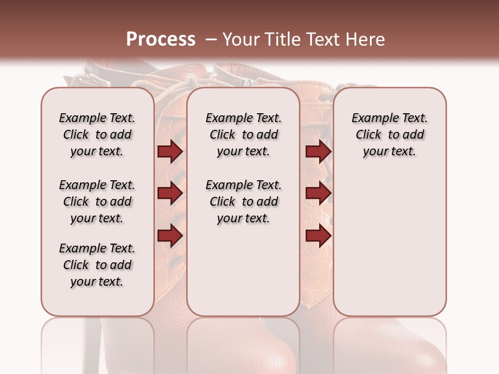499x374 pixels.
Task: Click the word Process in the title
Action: click(x=161, y=39)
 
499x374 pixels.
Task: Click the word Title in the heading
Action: click(x=279, y=39)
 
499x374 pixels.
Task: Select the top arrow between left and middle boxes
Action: click(x=170, y=151)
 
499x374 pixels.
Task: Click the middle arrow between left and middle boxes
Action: click(x=170, y=194)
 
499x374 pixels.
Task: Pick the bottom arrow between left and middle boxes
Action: click(x=170, y=236)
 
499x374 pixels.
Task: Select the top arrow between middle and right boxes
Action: click(x=318, y=151)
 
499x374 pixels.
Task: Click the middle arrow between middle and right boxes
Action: click(x=318, y=194)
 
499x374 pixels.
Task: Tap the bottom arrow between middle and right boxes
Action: click(x=318, y=236)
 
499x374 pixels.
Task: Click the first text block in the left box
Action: click(x=97, y=135)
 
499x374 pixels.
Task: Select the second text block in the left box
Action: click(x=97, y=202)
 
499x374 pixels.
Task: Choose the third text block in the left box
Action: click(x=97, y=265)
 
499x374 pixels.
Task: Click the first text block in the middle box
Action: click(x=243, y=135)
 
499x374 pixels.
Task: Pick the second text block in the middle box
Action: click(x=243, y=202)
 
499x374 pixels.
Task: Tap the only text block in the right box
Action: click(x=389, y=135)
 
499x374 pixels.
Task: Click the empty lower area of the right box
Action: click(x=389, y=244)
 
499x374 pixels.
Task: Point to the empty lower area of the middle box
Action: click(x=243, y=270)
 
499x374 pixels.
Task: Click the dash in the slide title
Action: click(x=211, y=39)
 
